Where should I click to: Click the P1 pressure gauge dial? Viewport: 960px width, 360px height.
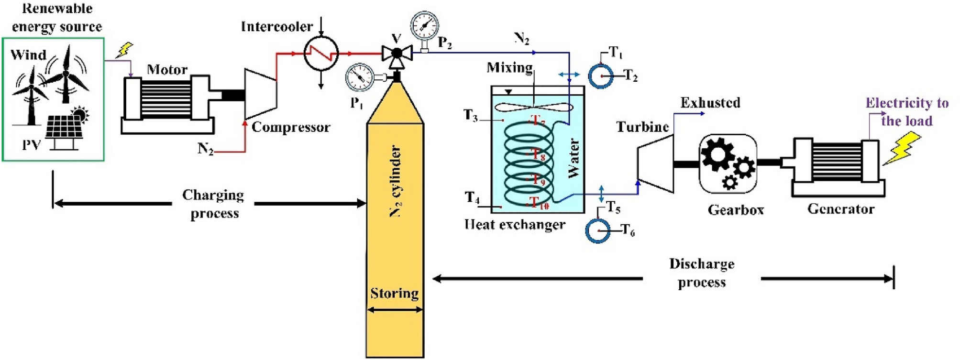coord(360,76)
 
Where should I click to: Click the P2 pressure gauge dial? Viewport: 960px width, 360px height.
coord(424,25)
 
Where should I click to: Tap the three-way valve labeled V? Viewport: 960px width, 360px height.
coord(397,53)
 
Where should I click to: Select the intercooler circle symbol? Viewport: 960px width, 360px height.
coord(321,53)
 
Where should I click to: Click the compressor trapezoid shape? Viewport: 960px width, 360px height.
coord(260,94)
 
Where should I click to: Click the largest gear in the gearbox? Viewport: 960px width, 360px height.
coord(717,154)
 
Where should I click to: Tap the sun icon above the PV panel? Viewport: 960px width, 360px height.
coord(79,115)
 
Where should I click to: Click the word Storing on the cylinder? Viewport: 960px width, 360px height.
coord(394,293)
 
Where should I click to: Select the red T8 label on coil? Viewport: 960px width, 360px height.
coord(539,154)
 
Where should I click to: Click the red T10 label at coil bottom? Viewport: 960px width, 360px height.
coord(540,204)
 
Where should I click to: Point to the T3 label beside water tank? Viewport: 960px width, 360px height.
coord(471,115)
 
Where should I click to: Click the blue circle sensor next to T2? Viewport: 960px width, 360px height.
coord(601,76)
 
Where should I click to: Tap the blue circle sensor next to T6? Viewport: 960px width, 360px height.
coord(598,231)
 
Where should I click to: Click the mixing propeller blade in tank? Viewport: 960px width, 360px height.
coord(533,107)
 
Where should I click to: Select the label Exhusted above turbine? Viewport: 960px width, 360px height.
coord(710,103)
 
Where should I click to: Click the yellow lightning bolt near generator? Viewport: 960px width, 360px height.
coord(902,148)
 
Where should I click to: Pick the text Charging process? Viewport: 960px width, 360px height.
coord(213,204)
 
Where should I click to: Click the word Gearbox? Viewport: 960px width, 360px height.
coord(736,209)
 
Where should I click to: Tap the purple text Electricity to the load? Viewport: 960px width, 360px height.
coord(907,111)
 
